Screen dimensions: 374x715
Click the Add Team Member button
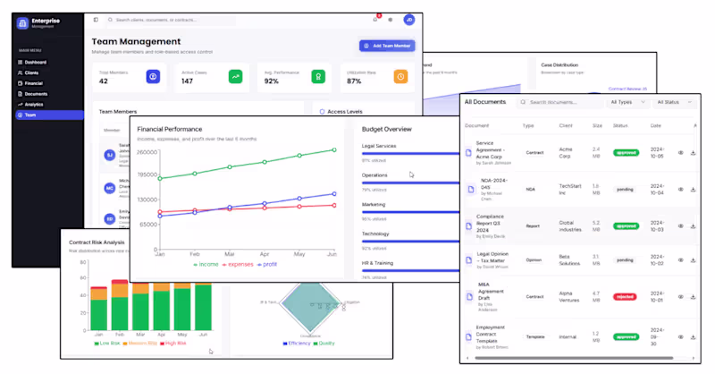coord(387,46)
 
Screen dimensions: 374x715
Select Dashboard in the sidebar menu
coord(36,62)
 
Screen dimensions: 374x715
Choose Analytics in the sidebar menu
coord(34,105)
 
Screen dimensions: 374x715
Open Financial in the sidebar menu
coord(34,83)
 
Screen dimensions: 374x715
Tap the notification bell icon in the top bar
coord(374,19)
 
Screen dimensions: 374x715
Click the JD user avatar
coord(408,19)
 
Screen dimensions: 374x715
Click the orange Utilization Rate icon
coord(401,77)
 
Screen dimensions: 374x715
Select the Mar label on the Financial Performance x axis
coord(229,254)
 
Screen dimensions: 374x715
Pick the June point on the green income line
coord(334,150)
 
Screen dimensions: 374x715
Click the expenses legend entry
coord(239,265)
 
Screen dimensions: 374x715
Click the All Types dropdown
coord(624,102)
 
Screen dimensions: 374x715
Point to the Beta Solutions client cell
coord(571,259)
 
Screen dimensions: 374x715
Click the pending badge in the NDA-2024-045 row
coord(626,189)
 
